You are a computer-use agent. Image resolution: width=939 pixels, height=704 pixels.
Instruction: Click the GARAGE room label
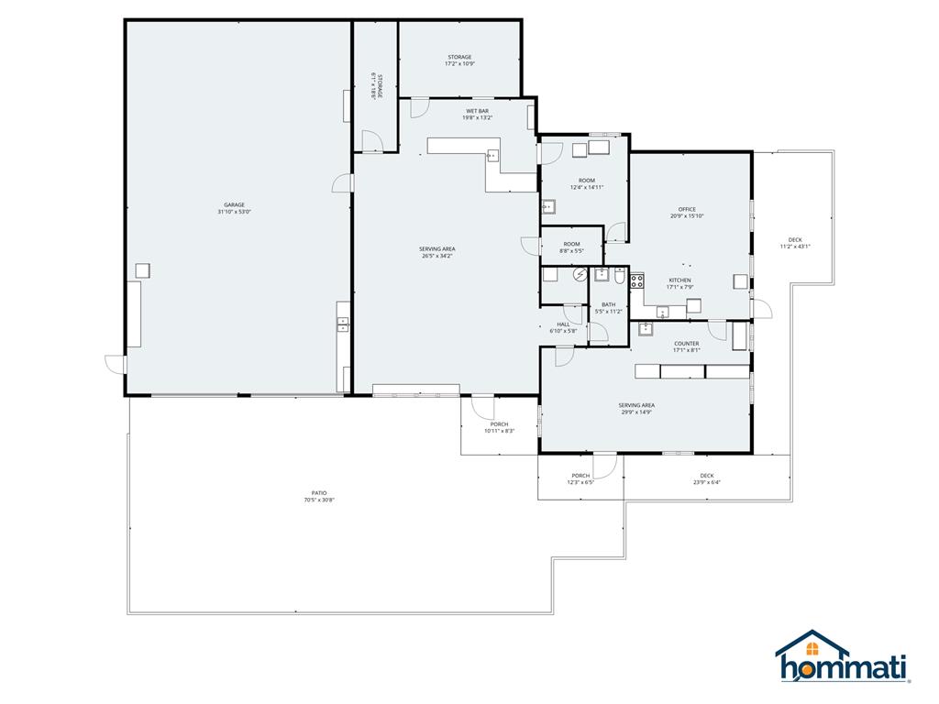pos(234,204)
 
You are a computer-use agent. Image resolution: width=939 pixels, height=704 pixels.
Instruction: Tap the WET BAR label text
pos(477,111)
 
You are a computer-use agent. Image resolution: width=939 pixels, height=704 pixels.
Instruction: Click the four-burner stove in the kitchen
pos(636,281)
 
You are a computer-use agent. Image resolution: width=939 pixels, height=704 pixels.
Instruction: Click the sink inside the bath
pos(601,273)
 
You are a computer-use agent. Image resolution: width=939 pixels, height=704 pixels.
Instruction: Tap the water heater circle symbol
pos(580,273)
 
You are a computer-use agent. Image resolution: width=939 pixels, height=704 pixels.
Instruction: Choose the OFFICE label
pos(687,209)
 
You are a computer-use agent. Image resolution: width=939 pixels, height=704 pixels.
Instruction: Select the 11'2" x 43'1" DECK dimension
pos(795,246)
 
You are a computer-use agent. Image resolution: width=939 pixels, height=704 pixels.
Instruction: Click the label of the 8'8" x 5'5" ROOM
pos(571,244)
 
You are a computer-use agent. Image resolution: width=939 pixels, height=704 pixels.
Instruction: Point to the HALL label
pos(563,324)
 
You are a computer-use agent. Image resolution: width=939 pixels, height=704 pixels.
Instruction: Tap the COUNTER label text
pos(686,344)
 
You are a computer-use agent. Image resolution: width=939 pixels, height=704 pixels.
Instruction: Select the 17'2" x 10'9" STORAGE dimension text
pos(459,64)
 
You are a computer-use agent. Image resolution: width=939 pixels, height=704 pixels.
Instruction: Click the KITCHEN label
pos(679,280)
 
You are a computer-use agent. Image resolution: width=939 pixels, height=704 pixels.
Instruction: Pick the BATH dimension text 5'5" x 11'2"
pos(608,312)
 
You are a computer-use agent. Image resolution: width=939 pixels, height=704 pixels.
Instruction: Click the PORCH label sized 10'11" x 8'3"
pos(499,423)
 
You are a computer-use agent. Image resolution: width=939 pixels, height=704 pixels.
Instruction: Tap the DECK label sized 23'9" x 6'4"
pos(706,475)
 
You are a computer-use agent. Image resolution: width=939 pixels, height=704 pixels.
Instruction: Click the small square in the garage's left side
pos(142,269)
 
